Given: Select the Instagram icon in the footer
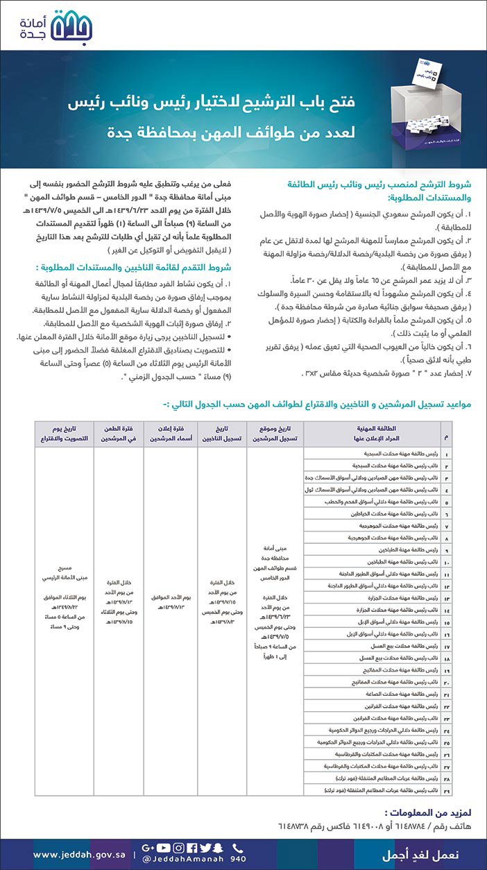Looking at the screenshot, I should tap(178, 847).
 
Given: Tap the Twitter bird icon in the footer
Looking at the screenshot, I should tap(206, 847).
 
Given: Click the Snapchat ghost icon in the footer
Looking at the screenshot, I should tap(220, 847).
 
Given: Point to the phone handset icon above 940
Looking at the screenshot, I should tap(238, 847).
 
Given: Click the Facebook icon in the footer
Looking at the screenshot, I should tap(192, 847).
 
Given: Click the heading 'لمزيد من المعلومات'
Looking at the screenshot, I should tap(419, 811).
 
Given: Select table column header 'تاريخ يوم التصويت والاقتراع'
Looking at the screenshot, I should tap(62, 434).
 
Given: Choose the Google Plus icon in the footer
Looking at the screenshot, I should tap(147, 847).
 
